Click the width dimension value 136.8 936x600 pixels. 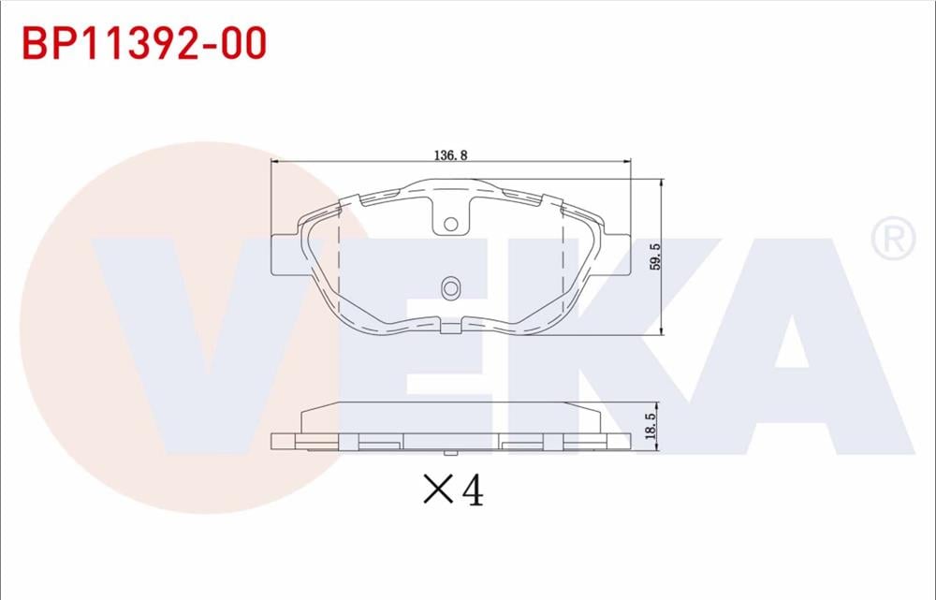[x=450, y=154]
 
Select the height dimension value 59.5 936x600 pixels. [x=656, y=256]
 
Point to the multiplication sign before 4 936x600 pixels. [x=437, y=489]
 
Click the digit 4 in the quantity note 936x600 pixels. [x=472, y=489]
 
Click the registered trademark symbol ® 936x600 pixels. [x=893, y=240]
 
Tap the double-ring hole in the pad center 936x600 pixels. [x=450, y=288]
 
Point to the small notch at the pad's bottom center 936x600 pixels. [x=450, y=327]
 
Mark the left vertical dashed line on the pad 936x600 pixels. [x=337, y=267]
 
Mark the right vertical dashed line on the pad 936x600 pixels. [x=563, y=267]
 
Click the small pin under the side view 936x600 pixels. [x=450, y=453]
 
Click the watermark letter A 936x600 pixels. [x=796, y=346]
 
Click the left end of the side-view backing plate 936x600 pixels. [x=274, y=441]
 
